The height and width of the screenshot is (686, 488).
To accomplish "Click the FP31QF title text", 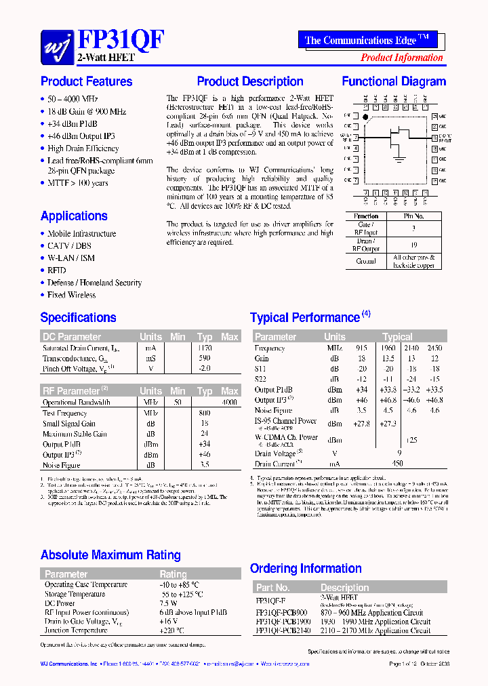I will tap(120, 40).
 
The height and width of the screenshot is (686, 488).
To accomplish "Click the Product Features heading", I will tap(87, 82).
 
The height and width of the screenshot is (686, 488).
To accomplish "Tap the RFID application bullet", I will tap(57, 270).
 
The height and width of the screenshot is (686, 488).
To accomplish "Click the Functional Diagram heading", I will tap(394, 82).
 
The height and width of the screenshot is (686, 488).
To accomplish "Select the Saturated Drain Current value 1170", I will tap(204, 348).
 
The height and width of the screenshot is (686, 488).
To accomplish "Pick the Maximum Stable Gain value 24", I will tap(204, 434).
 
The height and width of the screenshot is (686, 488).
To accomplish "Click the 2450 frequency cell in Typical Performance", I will tap(434, 348).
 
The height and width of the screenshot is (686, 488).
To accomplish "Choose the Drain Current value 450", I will tap(397, 464).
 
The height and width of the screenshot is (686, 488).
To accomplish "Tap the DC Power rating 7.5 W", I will tap(168, 603).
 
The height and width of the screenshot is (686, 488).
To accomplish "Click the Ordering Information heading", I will tap(306, 569).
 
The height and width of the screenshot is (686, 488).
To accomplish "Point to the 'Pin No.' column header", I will tap(413, 216).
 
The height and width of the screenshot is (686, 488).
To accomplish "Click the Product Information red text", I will tap(401, 58).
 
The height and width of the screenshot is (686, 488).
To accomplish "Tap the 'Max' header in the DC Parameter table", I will tap(230, 337).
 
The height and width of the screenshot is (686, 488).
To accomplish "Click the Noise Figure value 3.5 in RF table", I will tap(204, 465).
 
